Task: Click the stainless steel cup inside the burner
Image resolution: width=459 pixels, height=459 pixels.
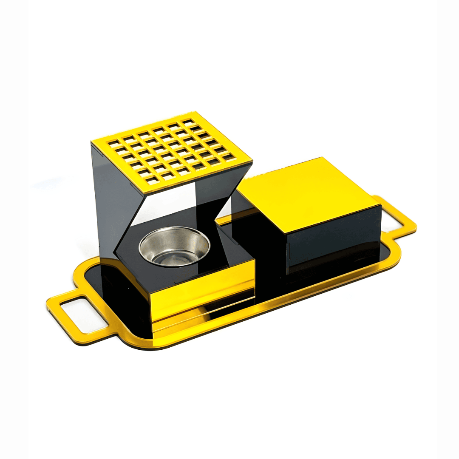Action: coord(174,246)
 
